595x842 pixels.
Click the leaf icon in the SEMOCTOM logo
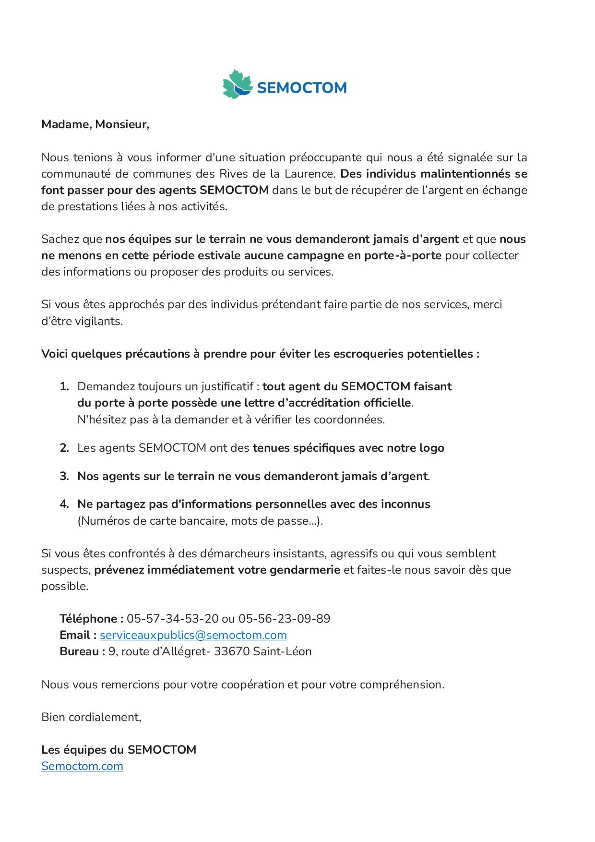pos(237,85)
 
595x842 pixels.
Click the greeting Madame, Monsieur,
pos(95,124)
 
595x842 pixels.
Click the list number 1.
pos(64,386)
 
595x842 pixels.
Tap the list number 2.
pos(64,448)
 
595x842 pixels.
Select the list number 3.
pos(64,476)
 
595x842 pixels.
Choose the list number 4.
pos(64,504)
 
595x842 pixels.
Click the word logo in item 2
pos(431,448)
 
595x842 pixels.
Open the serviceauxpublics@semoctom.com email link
pos(193,635)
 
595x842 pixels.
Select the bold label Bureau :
pos(82,651)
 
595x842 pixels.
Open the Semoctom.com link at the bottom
pos(82,766)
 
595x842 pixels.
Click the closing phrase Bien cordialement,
pos(91,717)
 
